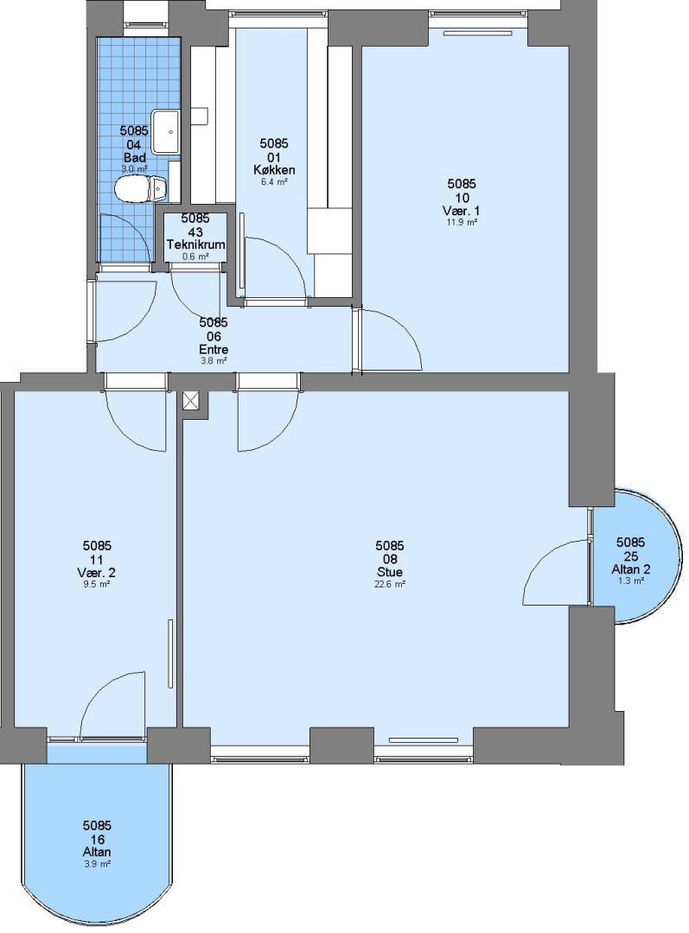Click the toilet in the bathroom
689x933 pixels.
pos(140,189)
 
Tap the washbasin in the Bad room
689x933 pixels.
pos(165,131)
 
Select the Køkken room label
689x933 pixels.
pos(274,169)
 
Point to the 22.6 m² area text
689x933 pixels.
pos(391,584)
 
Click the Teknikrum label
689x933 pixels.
pos(196,244)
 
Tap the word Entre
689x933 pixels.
pos(214,349)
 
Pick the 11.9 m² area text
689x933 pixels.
pos(463,223)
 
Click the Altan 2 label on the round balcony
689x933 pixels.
pos(630,568)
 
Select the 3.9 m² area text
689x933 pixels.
pos(97,864)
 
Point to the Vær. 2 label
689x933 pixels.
pos(97,573)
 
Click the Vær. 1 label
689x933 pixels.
pos(462,211)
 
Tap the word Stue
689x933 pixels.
pos(390,572)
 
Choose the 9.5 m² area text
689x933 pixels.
pos(97,584)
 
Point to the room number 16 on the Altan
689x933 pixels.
pos(97,839)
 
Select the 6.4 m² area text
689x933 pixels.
pos(274,182)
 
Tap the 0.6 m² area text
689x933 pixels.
pos(196,257)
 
